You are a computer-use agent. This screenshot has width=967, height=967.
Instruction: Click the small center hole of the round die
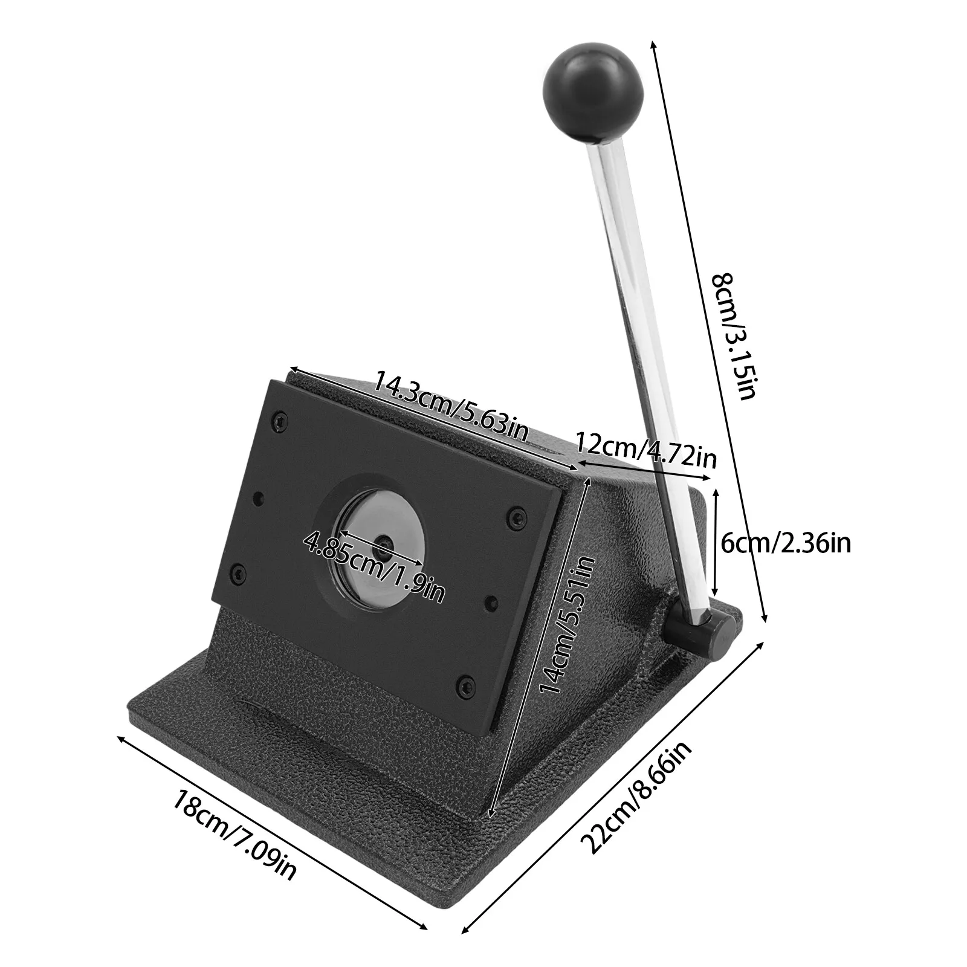pos(383,544)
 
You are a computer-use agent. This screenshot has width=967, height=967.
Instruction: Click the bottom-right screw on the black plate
pos(464,684)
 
